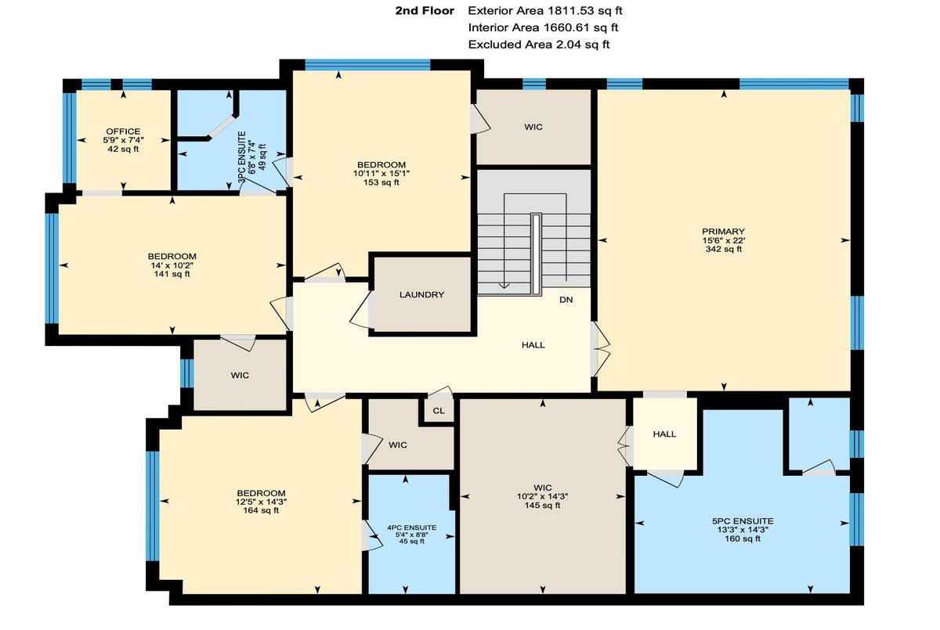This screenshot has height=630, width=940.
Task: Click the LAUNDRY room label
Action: pyautogui.click(x=421, y=295)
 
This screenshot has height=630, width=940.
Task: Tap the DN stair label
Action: pyautogui.click(x=566, y=300)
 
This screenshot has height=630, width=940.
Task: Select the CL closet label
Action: pyautogui.click(x=439, y=411)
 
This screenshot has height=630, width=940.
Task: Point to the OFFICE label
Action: pyautogui.click(x=123, y=131)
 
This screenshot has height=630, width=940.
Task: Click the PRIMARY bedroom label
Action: pyautogui.click(x=724, y=232)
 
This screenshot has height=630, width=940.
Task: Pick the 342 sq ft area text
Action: pyautogui.click(x=724, y=249)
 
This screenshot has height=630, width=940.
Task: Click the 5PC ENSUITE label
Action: pyautogui.click(x=743, y=521)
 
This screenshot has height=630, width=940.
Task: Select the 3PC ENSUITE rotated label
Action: pyautogui.click(x=242, y=157)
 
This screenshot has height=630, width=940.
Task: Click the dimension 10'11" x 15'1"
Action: pyautogui.click(x=381, y=173)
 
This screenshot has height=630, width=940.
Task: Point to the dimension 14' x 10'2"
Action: pyautogui.click(x=172, y=265)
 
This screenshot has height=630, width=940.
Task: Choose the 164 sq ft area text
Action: pyautogui.click(x=261, y=510)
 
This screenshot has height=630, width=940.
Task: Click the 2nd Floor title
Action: pyautogui.click(x=425, y=11)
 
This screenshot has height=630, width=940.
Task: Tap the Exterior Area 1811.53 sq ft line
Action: pyautogui.click(x=545, y=11)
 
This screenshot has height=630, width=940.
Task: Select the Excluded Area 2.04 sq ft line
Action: pyautogui.click(x=539, y=45)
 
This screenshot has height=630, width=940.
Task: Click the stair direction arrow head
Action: pyautogui.click(x=504, y=286)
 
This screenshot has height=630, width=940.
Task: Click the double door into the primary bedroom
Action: pyautogui.click(x=600, y=349)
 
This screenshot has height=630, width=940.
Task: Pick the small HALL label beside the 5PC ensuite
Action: pyautogui.click(x=664, y=434)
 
